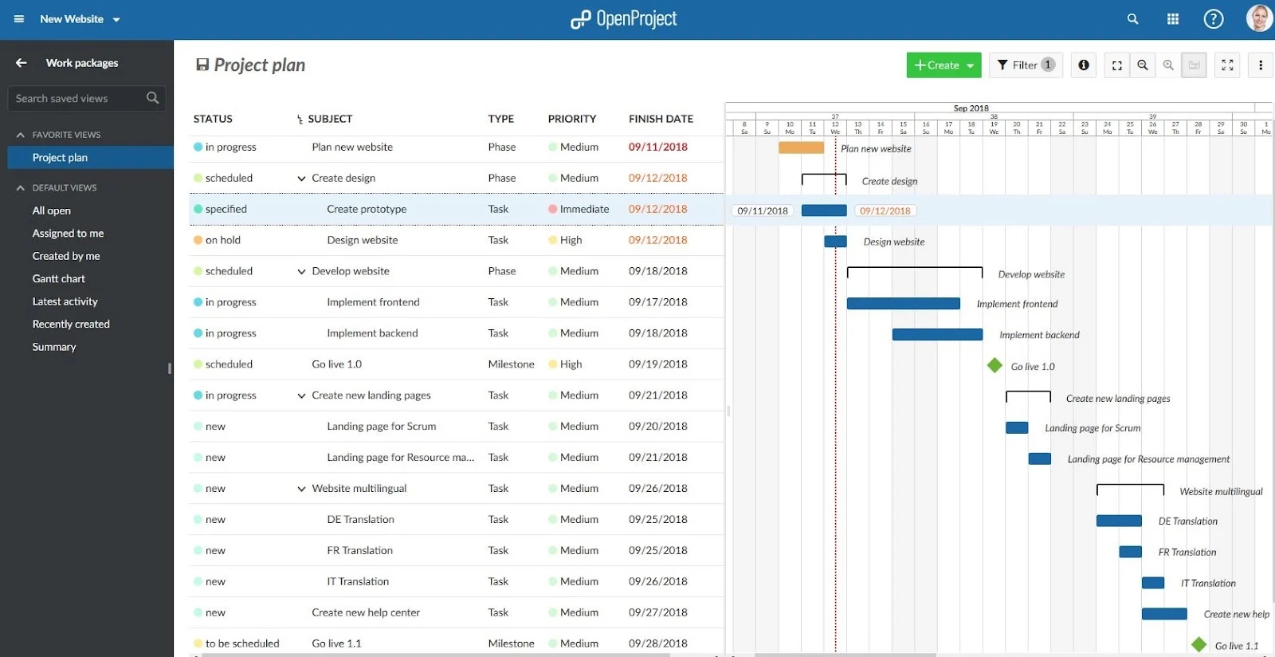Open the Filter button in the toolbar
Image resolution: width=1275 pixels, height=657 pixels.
pos(1026,65)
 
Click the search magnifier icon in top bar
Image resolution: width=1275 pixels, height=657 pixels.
pos(1132,19)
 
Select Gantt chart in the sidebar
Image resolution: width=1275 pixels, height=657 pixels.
pos(59,279)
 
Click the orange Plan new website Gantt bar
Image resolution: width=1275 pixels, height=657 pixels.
pos(801,148)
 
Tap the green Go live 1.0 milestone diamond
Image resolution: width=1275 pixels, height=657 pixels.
pos(994,365)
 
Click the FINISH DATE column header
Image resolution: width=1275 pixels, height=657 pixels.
pos(661,119)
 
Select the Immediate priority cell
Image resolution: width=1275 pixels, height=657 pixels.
pos(583,209)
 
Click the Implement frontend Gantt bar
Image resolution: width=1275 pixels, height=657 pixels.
pos(903,304)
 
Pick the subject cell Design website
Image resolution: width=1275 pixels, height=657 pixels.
pos(362,240)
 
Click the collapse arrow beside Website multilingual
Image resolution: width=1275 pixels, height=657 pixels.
pos(301,489)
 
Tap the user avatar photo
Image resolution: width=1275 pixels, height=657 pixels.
pos(1259,18)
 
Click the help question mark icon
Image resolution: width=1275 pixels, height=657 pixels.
pos(1213,19)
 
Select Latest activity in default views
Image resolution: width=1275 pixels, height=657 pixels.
pos(65,301)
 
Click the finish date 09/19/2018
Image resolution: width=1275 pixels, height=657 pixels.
pos(657,364)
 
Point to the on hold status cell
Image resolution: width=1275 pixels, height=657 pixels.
pos(222,240)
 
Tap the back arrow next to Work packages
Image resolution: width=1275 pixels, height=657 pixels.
pos(22,63)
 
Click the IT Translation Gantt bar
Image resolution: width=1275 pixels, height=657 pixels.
pos(1152,583)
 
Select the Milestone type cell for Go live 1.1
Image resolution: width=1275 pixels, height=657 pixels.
pos(511,643)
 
